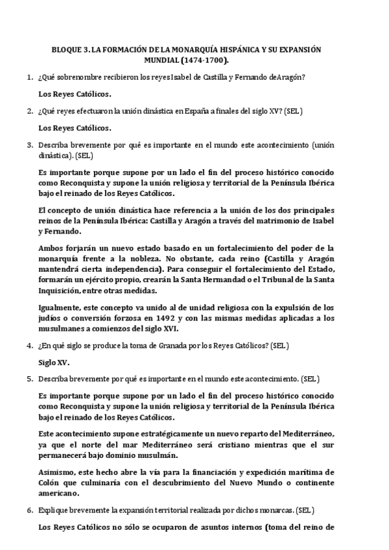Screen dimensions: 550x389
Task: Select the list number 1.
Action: (x=29, y=78)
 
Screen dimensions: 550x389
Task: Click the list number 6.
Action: (x=29, y=510)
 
